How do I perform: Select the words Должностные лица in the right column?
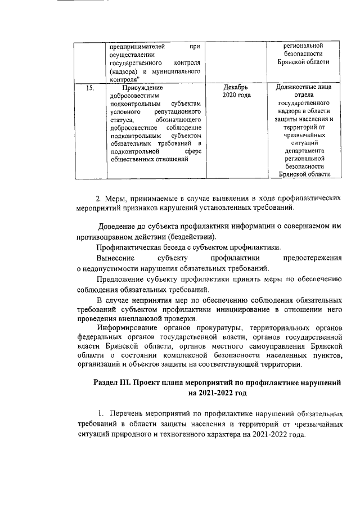pyautogui.click(x=304, y=88)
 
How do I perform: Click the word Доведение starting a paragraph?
pyautogui.click(x=122, y=227)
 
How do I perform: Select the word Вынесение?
pyautogui.click(x=115, y=258)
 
